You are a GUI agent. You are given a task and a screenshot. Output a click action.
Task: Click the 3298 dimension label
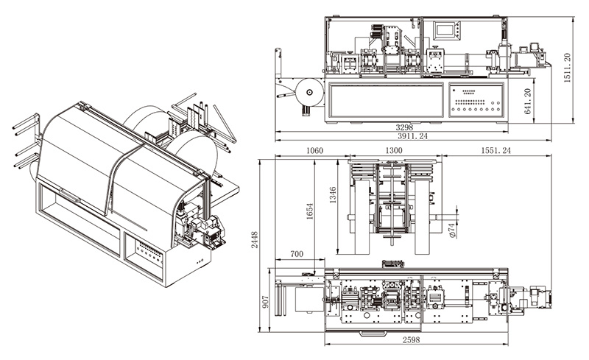pos(404,127)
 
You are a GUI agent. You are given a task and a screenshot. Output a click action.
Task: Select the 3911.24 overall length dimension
pos(413,136)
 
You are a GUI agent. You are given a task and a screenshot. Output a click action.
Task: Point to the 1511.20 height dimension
pos(567,68)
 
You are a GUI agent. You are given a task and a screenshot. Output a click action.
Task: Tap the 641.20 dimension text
pos(527,102)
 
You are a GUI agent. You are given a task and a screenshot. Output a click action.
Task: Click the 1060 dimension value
pos(314,150)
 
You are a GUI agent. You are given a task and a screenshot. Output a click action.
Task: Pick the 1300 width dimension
pos(394,150)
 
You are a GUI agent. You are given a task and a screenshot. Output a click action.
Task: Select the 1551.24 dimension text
pos(495,150)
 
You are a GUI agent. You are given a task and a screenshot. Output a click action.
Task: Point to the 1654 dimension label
pos(309,211)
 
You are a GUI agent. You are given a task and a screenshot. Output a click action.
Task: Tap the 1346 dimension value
pos(333,195)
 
